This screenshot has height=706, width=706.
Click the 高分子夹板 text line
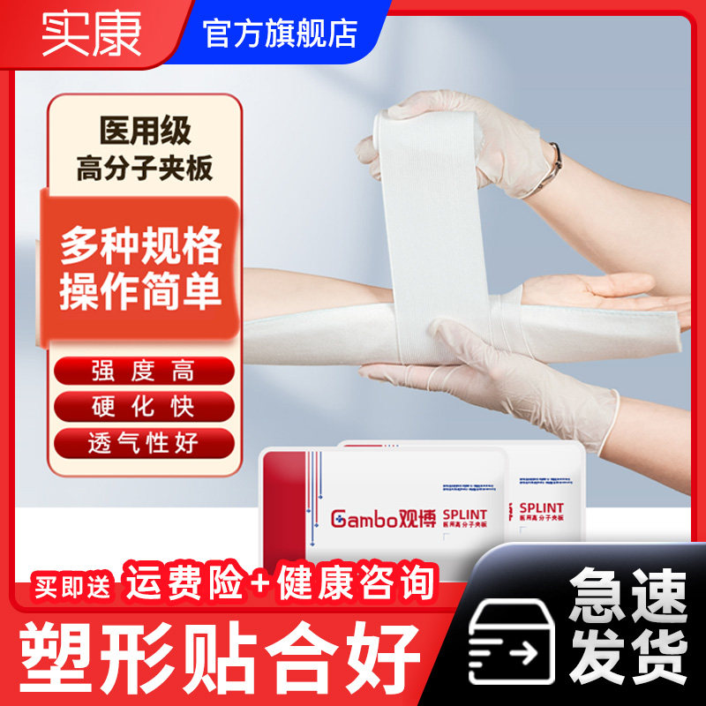tap(145, 168)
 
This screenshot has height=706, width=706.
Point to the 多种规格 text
tap(140, 250)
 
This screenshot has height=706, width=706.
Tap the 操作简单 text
tap(140, 292)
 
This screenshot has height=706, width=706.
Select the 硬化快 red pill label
tap(144, 406)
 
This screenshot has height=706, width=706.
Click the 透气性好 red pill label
tap(144, 441)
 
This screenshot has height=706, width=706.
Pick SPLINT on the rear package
tap(547, 508)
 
